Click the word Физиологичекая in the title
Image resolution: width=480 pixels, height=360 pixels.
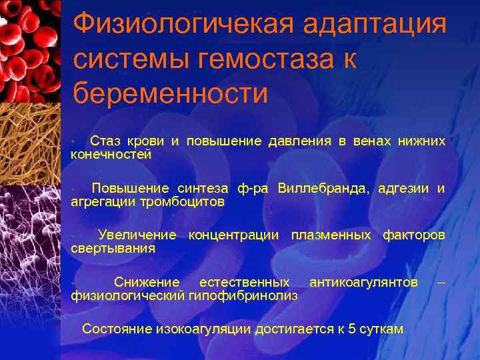[181, 25]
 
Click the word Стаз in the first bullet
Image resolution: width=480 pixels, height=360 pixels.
[105, 141]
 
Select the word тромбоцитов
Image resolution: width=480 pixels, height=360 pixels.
[182, 201]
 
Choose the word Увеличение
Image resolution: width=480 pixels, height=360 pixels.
[137, 235]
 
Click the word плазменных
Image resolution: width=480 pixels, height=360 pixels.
[331, 235]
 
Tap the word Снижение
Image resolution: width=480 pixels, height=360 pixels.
[147, 282]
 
